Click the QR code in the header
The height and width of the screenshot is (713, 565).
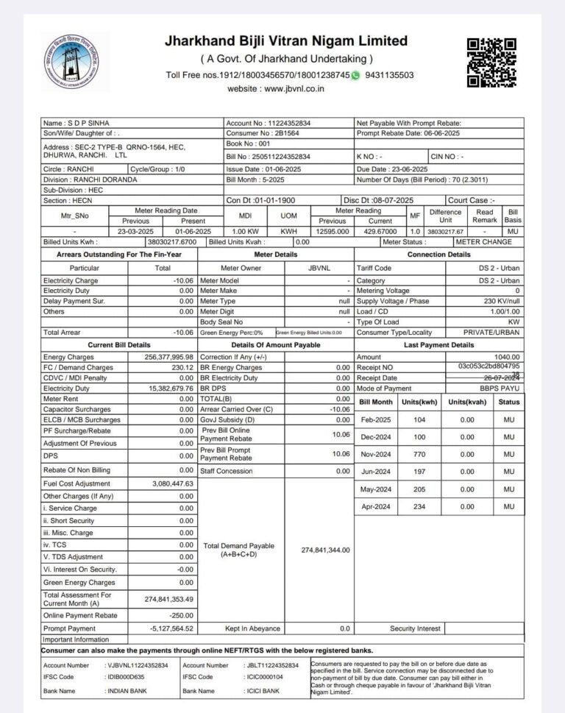[x=491, y=63]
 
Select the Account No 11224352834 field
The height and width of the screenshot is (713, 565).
[x=269, y=123]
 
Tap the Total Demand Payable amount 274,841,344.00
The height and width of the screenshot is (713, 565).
[x=325, y=550]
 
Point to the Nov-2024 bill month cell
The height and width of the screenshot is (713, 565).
[x=377, y=454]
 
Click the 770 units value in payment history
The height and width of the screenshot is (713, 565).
[x=419, y=454]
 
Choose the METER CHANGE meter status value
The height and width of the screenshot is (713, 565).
[x=487, y=241]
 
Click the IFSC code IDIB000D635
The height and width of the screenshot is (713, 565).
[x=126, y=676]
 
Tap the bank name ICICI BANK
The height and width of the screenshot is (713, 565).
[x=263, y=691]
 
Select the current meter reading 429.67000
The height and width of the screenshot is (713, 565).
[x=380, y=231]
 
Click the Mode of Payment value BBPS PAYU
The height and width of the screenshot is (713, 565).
[x=500, y=388]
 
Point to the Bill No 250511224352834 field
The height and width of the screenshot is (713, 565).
[x=269, y=157]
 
